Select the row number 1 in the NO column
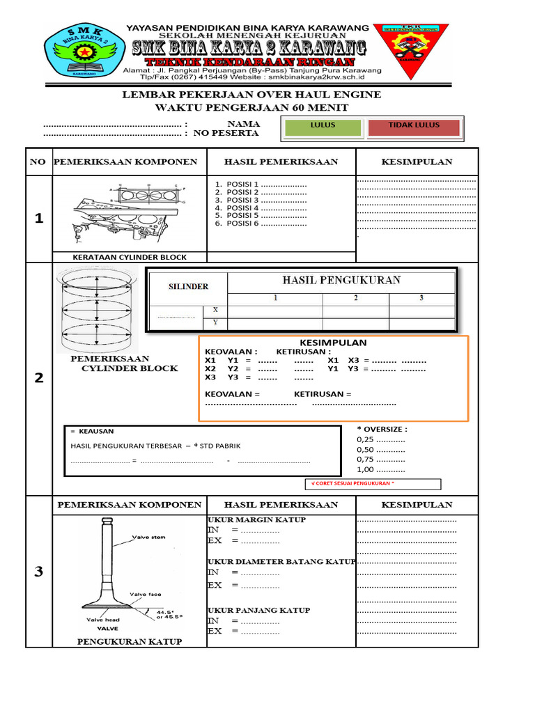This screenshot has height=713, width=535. (39, 219)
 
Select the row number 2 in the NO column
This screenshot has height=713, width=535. (39, 378)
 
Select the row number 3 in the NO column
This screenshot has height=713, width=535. (39, 572)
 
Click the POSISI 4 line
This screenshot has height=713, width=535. (261, 207)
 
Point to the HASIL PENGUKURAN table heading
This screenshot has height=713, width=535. (341, 280)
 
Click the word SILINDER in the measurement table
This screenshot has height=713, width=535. (188, 286)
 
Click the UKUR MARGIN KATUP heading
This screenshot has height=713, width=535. (257, 519)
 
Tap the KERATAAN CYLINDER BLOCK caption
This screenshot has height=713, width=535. (130, 257)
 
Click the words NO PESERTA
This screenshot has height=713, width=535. (226, 133)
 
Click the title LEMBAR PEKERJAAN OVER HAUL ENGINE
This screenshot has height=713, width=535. (251, 95)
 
